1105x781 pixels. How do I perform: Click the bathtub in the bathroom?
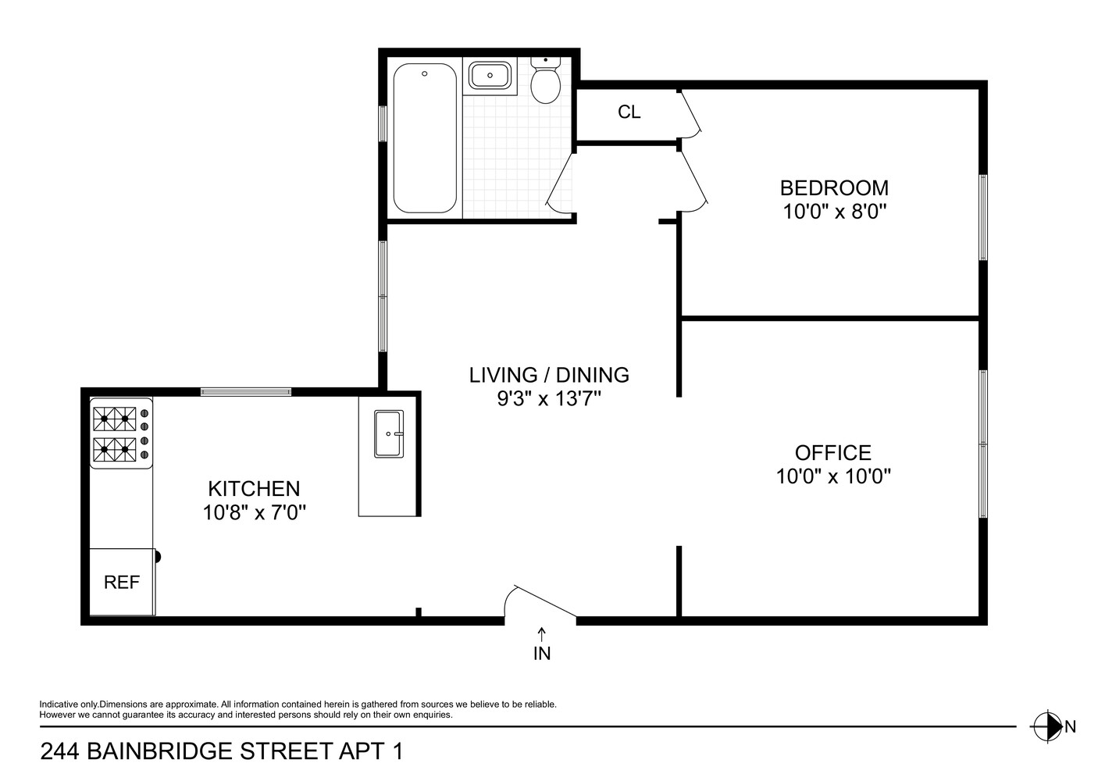pyautogui.click(x=425, y=138)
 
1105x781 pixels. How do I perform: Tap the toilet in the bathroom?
pyautogui.click(x=544, y=82)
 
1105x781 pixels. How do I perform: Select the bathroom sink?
pyautogui.click(x=490, y=77)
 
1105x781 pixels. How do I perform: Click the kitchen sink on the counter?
pyautogui.click(x=388, y=433)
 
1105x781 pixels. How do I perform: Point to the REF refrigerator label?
pyautogui.click(x=122, y=583)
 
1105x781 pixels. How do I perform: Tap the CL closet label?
pyautogui.click(x=629, y=112)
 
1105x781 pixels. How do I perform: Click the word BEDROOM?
pyautogui.click(x=834, y=188)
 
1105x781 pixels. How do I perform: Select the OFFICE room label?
pyautogui.click(x=832, y=453)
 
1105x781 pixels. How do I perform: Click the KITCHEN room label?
pyautogui.click(x=254, y=489)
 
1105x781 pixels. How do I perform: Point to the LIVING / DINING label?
pyautogui.click(x=549, y=375)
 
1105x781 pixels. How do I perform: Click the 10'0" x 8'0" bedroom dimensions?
pyautogui.click(x=834, y=212)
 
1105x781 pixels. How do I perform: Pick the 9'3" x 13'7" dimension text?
pyautogui.click(x=549, y=399)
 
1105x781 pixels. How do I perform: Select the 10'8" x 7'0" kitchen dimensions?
pyautogui.click(x=254, y=513)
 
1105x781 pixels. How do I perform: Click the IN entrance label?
pyautogui.click(x=542, y=654)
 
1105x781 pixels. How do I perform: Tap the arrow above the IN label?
pyautogui.click(x=542, y=633)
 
